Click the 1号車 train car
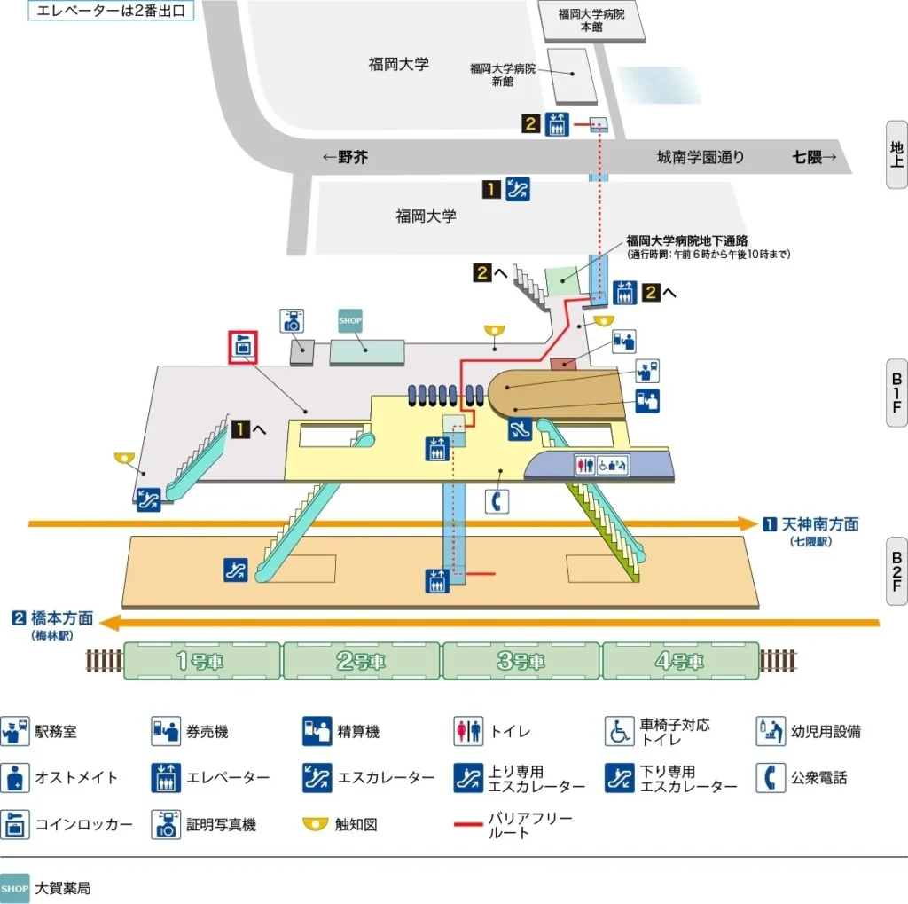pos(202,661)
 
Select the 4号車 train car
pos(681,661)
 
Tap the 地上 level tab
pos(896,154)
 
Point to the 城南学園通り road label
pos(701,158)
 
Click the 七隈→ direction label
pos(814,158)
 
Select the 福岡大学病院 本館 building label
pos(591,20)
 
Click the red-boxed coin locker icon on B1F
pos(243,348)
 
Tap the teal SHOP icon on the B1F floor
pos(351,320)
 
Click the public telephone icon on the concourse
pos(497,500)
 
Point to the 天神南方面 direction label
pos(820,524)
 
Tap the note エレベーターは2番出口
pos(111,12)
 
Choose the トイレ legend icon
pos(467,732)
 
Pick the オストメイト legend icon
pos(14,778)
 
